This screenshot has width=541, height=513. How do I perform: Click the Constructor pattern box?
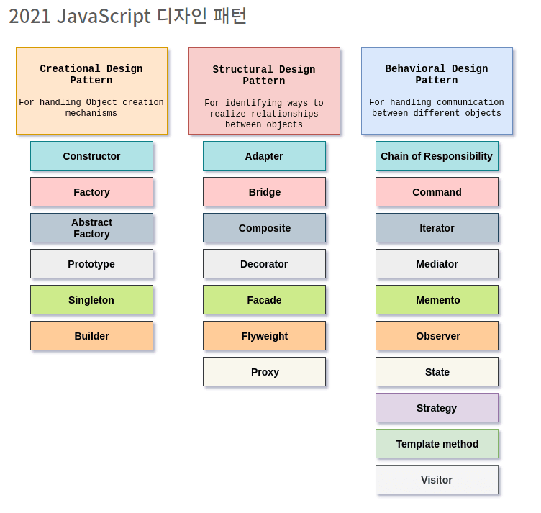pyautogui.click(x=91, y=156)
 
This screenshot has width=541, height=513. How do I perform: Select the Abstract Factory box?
pyautogui.click(x=91, y=228)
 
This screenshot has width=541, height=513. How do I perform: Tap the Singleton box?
pyautogui.click(x=91, y=300)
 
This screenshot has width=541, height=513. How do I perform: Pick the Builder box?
pyautogui.click(x=91, y=336)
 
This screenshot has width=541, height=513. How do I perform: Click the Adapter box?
pyautogui.click(x=264, y=156)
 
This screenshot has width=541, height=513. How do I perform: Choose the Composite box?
pyautogui.click(x=264, y=228)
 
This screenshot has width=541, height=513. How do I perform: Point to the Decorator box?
pyautogui.click(x=264, y=264)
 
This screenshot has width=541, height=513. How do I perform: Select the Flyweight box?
pyautogui.click(x=264, y=336)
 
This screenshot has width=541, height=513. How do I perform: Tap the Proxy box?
pyautogui.click(x=264, y=372)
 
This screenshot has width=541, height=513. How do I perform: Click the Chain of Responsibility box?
pyautogui.click(x=437, y=156)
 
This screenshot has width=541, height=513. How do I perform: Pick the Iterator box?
pyautogui.click(x=437, y=228)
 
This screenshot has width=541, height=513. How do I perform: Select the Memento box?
pyautogui.click(x=437, y=300)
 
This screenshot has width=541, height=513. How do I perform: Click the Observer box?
pyautogui.click(x=437, y=336)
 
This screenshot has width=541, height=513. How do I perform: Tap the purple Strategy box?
pyautogui.click(x=437, y=408)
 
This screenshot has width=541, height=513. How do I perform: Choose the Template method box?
pyautogui.click(x=437, y=444)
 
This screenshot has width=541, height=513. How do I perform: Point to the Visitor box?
pyautogui.click(x=437, y=480)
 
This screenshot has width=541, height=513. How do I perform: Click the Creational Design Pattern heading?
pyautogui.click(x=91, y=75)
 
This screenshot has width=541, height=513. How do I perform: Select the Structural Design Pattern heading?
pyautogui.click(x=264, y=76)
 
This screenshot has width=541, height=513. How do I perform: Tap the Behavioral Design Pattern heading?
pyautogui.click(x=437, y=75)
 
